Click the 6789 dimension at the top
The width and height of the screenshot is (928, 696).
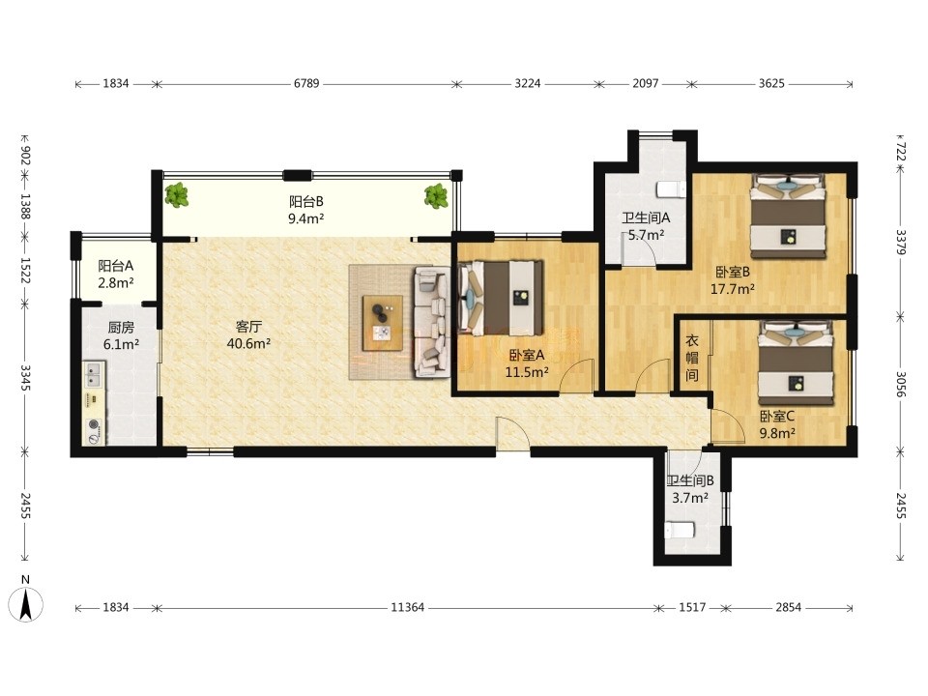tap(306, 83)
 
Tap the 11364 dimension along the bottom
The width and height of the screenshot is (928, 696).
tap(407, 607)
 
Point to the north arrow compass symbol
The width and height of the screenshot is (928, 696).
tap(25, 599)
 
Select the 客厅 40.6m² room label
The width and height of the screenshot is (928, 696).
tap(248, 335)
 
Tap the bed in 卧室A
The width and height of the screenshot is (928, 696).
tap(501, 298)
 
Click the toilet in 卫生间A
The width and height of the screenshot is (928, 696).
tap(672, 189)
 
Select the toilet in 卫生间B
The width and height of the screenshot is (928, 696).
tap(680, 530)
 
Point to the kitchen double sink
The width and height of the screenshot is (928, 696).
tap(93, 374)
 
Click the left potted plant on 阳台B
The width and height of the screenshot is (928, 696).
tap(176, 194)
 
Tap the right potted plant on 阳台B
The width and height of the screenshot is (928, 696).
tap(436, 196)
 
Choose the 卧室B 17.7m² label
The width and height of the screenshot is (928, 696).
tap(733, 280)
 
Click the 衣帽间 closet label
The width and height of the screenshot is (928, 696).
tap(692, 358)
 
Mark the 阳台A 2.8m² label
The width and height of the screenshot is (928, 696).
tap(115, 274)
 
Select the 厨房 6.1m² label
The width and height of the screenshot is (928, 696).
tap(121, 335)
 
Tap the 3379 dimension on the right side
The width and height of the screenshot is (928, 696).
tap(900, 242)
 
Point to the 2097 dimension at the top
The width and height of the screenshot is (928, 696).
tap(645, 83)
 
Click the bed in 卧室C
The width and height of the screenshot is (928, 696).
tap(796, 363)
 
